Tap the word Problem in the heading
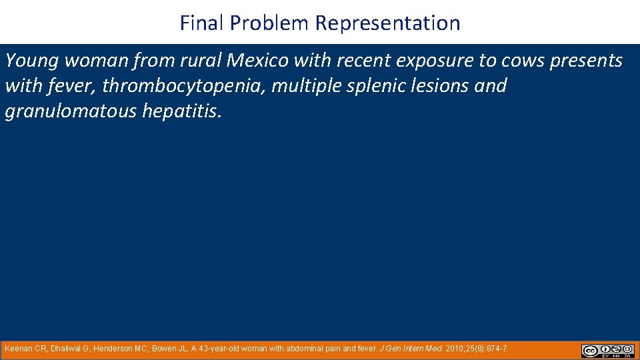(x=271, y=23)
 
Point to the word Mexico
(x=257, y=61)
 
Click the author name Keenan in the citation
(x=19, y=349)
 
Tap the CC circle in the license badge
(x=589, y=350)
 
